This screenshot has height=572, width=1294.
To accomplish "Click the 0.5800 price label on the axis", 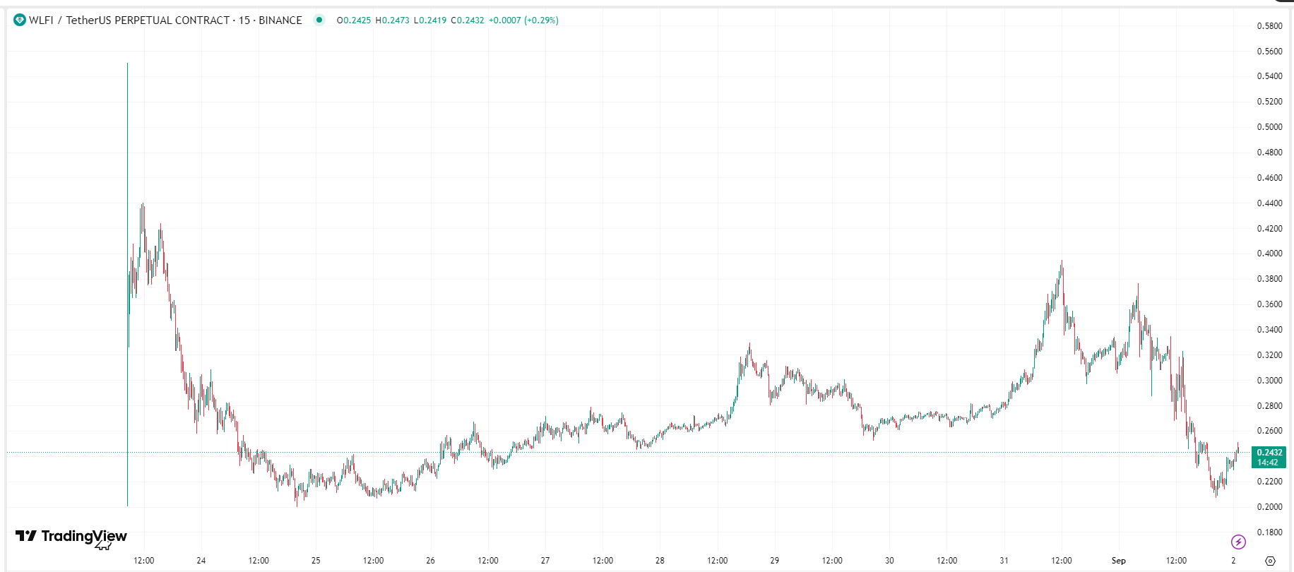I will [1269, 26].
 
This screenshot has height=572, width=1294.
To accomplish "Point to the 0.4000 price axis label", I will [1269, 254].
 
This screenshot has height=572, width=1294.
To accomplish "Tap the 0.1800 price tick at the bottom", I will [1269, 532].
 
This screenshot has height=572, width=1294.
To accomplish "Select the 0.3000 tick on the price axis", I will [1269, 381].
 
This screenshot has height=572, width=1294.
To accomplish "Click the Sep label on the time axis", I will [1118, 561].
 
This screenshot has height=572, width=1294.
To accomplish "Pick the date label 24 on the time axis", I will [201, 561].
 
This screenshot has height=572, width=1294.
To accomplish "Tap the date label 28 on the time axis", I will [660, 561].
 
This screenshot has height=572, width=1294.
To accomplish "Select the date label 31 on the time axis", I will [1004, 561].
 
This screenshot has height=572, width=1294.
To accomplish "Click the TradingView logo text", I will [83, 536].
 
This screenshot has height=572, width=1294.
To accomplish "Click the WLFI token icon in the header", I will [20, 20].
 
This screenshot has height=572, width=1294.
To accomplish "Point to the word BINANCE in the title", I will [280, 20].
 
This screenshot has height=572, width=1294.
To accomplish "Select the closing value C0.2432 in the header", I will [468, 20].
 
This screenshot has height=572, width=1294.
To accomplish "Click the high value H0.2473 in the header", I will [392, 20].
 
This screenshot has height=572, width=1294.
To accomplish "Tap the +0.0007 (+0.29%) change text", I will [523, 20].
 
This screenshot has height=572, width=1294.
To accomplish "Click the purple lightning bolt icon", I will [1238, 542].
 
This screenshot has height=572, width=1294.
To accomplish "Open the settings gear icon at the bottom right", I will [1270, 561].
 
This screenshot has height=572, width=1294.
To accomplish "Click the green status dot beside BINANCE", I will [319, 20].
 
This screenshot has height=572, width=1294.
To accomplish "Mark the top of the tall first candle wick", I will [128, 64].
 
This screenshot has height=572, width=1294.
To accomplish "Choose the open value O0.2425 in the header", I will [354, 20].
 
